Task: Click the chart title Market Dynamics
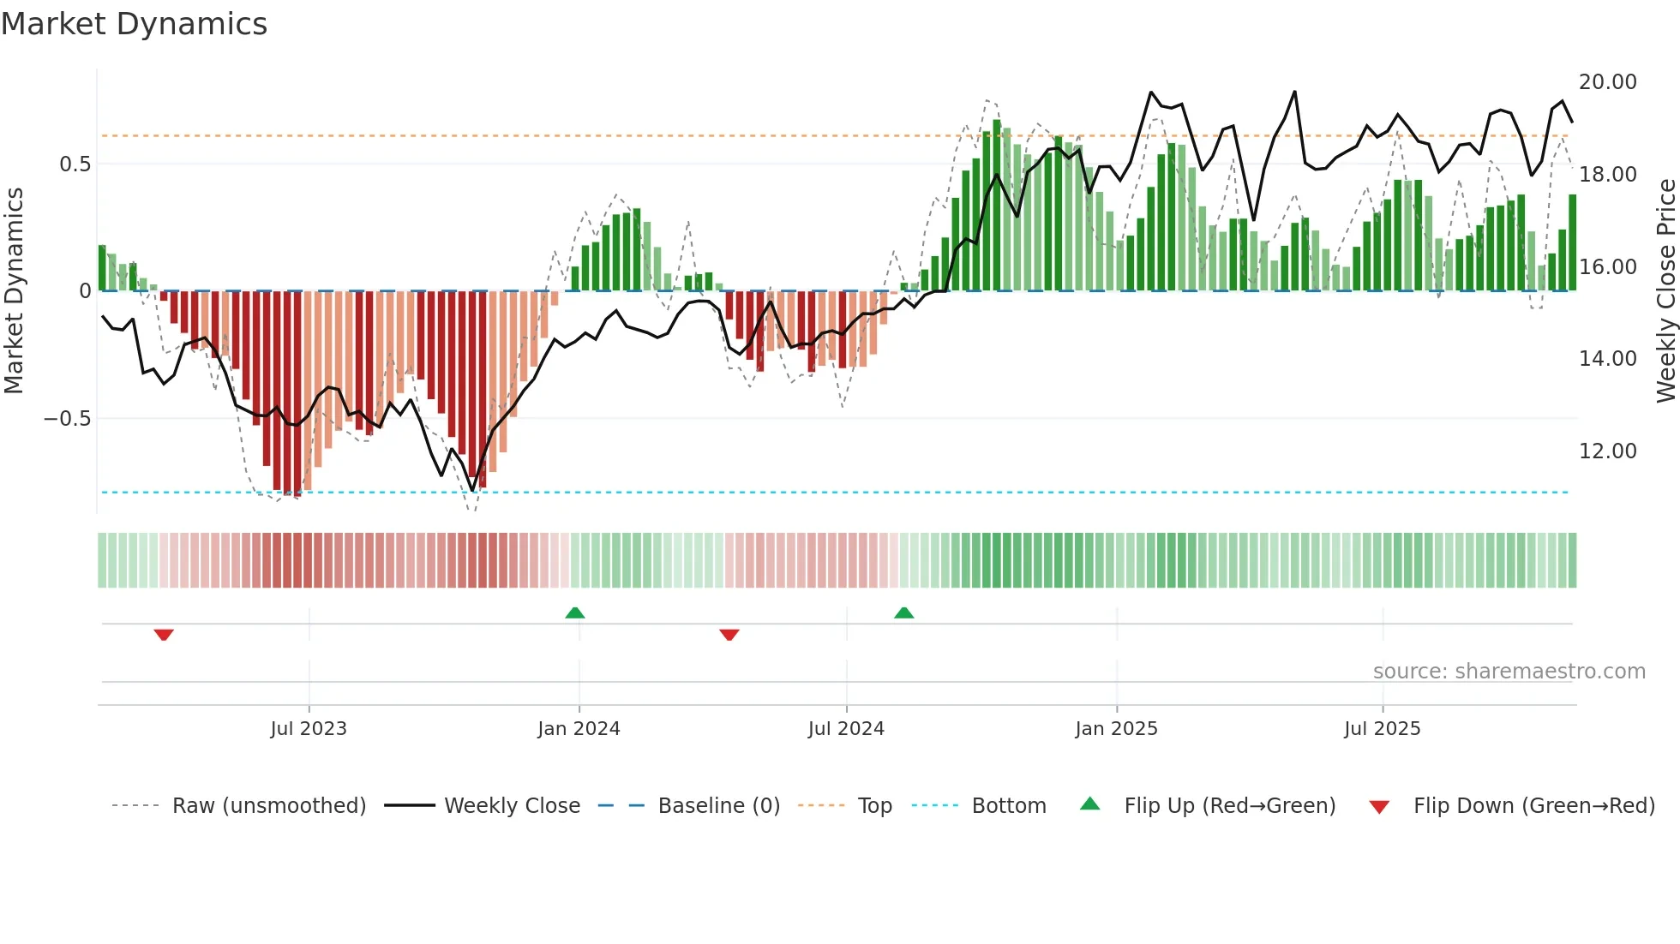coord(134,24)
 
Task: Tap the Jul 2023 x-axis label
coord(309,729)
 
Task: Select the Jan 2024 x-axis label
coord(579,729)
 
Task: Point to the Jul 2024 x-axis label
coord(846,729)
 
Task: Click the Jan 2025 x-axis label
coord(1116,729)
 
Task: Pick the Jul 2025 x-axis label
coord(1382,729)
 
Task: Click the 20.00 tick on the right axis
coord(1607,82)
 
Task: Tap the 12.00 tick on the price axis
coord(1607,451)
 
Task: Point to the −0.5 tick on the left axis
coord(67,419)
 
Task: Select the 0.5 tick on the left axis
coord(75,164)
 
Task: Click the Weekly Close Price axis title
coord(1665,291)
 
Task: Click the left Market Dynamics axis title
coord(14,291)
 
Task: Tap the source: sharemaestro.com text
coord(1509,672)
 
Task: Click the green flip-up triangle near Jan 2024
coord(575,613)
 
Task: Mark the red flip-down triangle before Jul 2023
coord(164,635)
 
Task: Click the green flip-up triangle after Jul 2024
coord(903,613)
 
